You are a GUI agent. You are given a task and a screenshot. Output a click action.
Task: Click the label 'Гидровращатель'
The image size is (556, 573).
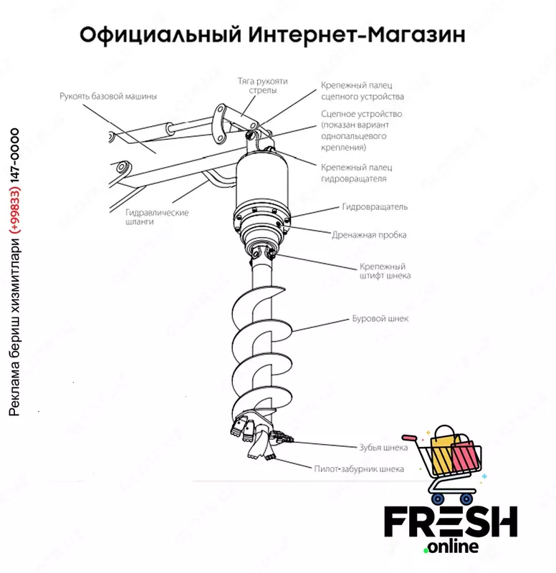375,207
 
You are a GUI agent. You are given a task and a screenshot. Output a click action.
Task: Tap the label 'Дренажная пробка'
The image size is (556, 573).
369,235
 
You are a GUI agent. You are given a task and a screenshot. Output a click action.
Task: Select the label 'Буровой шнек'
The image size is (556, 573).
380,319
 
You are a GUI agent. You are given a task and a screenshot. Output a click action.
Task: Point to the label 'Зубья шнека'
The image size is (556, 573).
383,448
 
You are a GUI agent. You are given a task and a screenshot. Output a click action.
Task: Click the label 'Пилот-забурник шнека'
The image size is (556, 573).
359,468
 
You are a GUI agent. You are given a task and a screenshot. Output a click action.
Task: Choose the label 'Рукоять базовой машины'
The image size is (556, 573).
108,97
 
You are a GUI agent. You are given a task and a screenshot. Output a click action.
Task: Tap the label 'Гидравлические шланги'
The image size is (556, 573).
157,217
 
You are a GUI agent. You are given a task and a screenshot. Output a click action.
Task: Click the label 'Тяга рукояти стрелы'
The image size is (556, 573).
263,85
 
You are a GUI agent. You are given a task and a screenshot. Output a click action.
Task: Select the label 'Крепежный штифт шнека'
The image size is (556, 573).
385,271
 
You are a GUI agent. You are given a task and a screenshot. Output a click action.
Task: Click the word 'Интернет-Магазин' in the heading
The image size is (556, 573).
357,35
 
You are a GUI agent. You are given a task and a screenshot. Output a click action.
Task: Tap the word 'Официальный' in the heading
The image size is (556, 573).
160,36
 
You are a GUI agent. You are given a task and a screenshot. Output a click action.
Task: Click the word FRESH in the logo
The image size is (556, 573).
451,521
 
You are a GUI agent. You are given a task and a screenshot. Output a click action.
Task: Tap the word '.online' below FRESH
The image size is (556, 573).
451,546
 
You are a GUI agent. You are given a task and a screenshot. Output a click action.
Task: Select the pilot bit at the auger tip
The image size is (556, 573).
261,448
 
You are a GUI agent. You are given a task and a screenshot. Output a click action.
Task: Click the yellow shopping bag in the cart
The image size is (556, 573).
442,451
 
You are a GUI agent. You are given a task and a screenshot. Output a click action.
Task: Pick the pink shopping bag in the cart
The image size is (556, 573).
464,454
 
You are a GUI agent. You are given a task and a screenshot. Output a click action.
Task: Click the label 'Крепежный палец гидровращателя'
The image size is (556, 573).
356,173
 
